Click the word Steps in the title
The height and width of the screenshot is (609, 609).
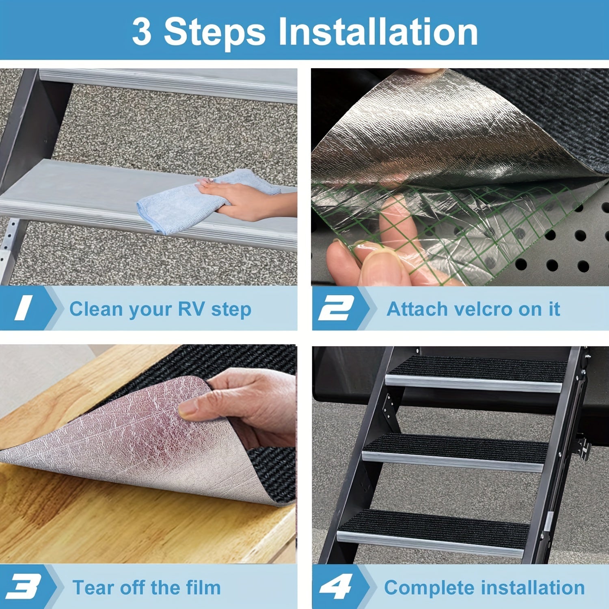coord(214,32)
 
